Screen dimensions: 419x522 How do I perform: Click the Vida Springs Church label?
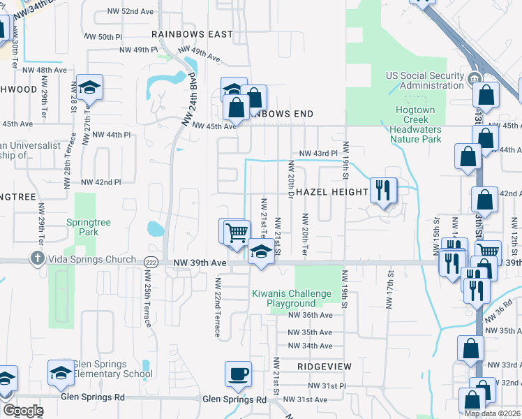click(x=92, y=260)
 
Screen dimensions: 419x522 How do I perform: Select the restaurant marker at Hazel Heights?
click(x=382, y=191)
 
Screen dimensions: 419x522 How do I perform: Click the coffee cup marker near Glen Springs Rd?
click(x=238, y=374)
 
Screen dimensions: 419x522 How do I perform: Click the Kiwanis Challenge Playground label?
click(x=291, y=298)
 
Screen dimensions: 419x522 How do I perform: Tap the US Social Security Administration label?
click(x=424, y=80)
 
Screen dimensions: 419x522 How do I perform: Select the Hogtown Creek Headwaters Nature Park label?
click(x=415, y=124)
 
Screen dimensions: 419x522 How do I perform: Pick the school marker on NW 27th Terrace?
click(x=89, y=88)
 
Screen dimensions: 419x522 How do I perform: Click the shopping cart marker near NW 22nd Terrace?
click(x=237, y=233)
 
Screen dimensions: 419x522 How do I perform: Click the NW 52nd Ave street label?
click(x=130, y=12)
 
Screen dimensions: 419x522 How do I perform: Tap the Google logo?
click(x=23, y=411)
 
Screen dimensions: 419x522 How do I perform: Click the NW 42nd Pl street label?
click(x=101, y=182)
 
